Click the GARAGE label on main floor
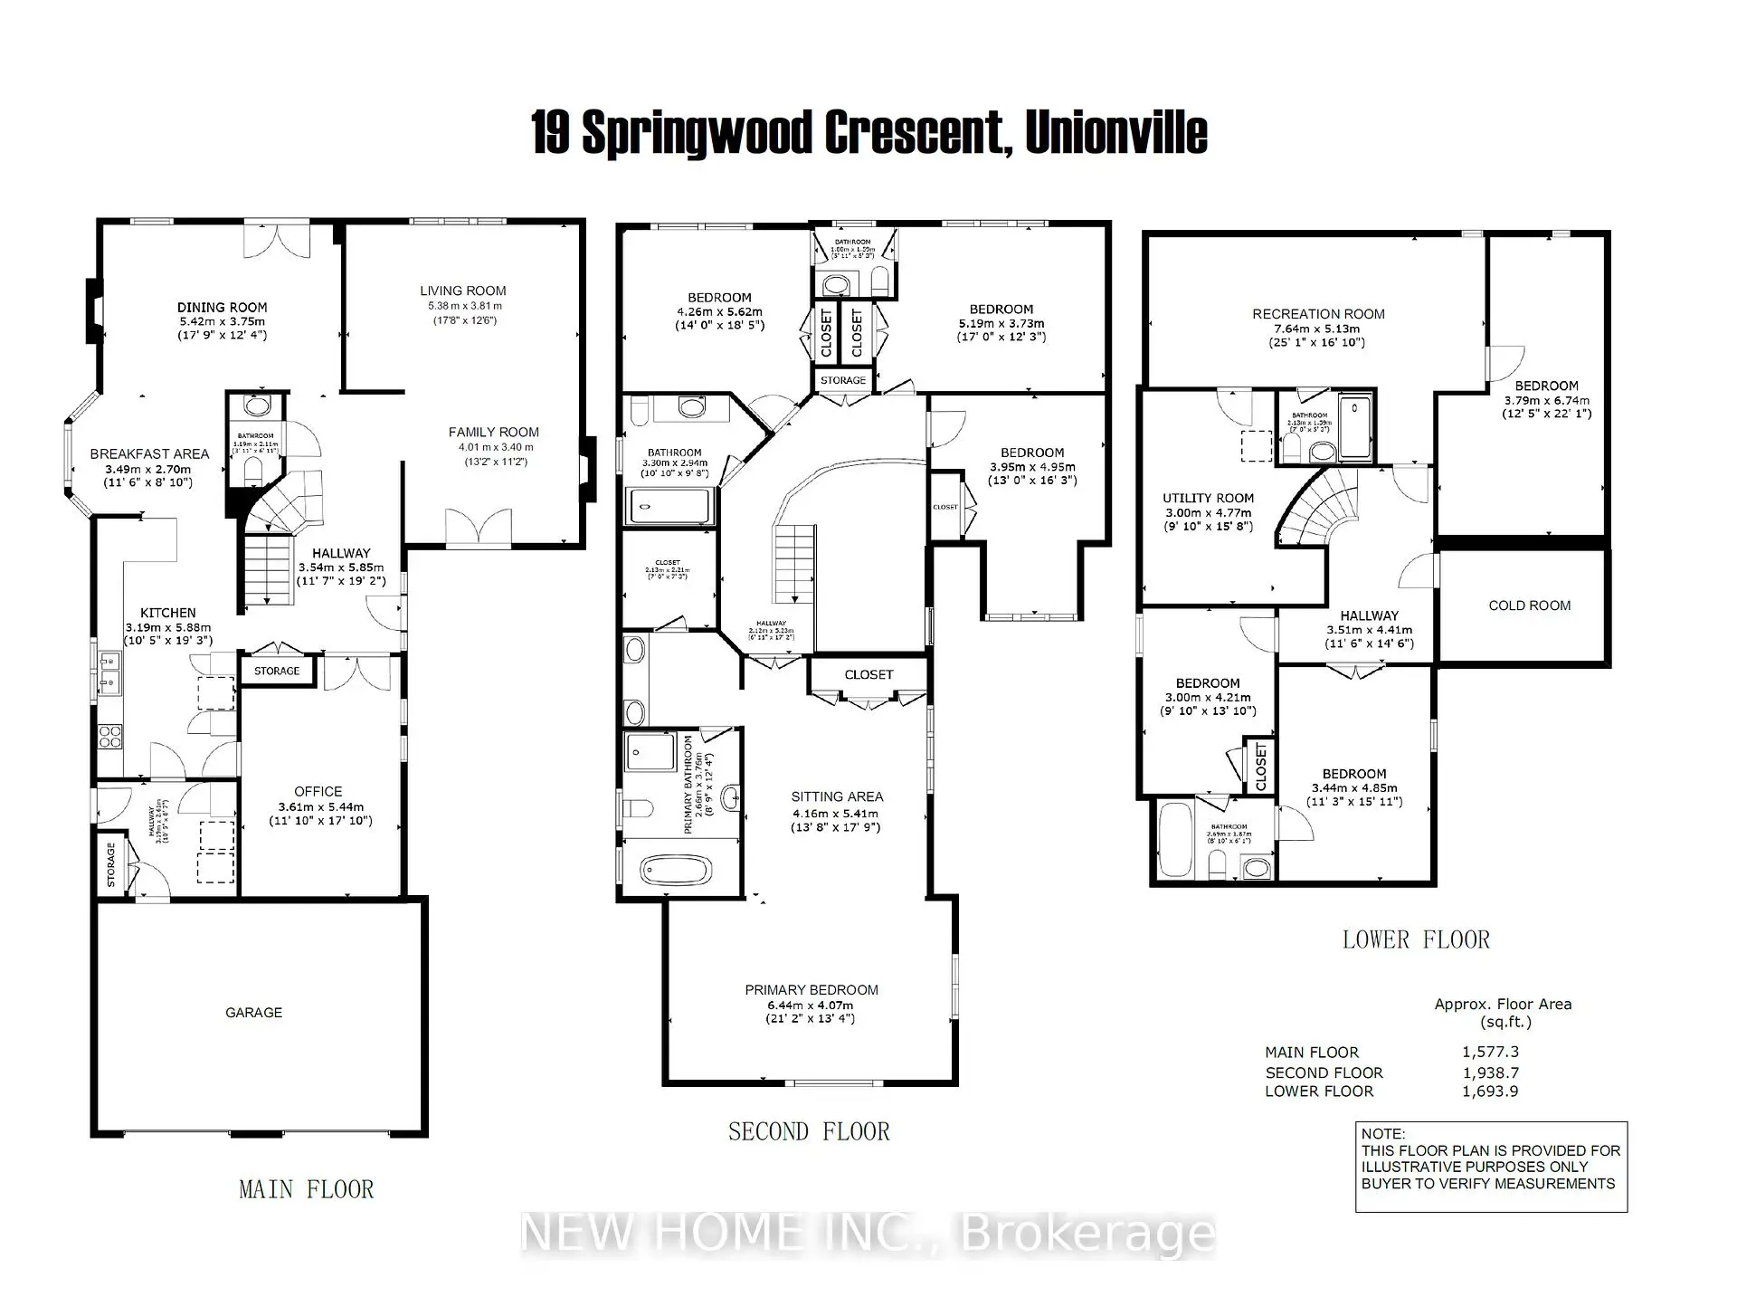click(x=253, y=1012)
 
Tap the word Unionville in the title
click(x=1116, y=133)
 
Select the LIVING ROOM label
click(x=462, y=291)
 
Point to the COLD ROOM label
click(x=1529, y=605)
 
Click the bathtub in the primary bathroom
click(x=676, y=871)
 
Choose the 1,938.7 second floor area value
click(x=1490, y=1072)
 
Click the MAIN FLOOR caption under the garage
click(x=306, y=1189)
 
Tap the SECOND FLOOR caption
click(x=809, y=1131)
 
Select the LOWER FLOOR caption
click(x=1416, y=939)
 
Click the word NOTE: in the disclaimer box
click(x=1383, y=1134)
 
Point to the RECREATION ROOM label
click(x=1318, y=314)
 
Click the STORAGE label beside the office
click(x=277, y=671)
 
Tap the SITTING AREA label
click(x=837, y=796)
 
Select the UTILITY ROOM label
click(x=1208, y=498)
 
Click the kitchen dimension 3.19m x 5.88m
click(x=168, y=627)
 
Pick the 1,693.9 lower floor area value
click(x=1490, y=1092)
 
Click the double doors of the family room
click(x=479, y=529)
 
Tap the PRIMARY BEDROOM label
click(x=812, y=990)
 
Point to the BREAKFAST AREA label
click(x=149, y=454)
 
